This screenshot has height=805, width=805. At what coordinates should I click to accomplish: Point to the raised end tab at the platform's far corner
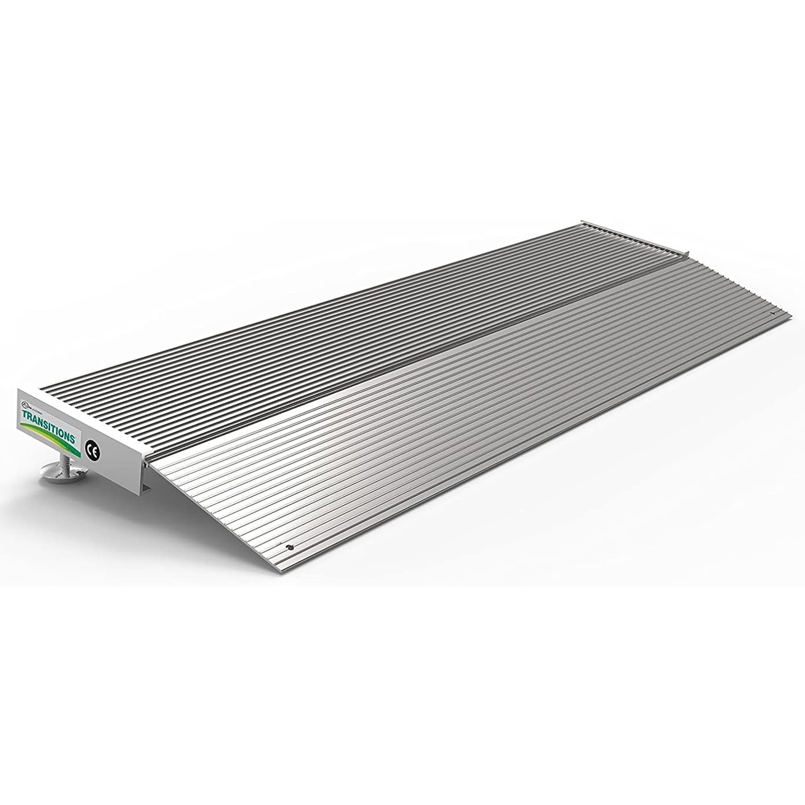click(x=582, y=222)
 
